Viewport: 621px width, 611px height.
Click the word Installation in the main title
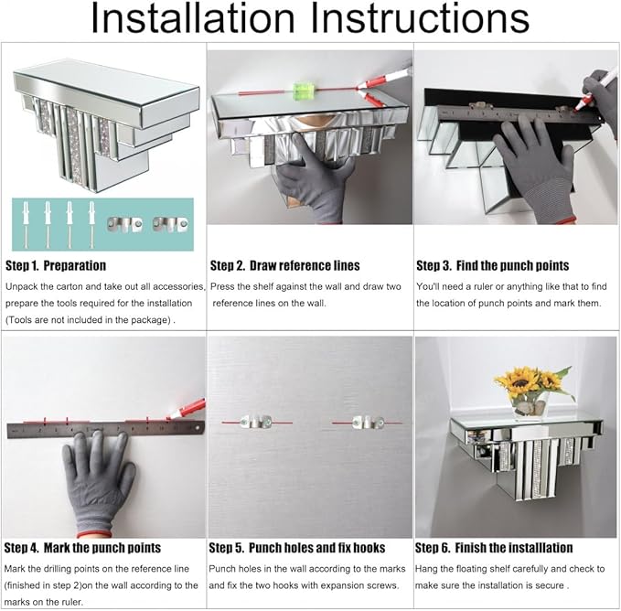[x=192, y=17]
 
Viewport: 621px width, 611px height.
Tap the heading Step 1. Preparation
[x=56, y=265]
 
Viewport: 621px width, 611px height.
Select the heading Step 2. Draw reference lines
[x=284, y=265]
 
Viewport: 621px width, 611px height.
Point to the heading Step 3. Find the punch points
[x=492, y=265]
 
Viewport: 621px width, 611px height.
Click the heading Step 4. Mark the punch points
[x=82, y=548]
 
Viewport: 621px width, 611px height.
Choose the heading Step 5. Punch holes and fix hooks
[x=297, y=548]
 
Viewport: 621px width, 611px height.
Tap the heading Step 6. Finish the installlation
[x=494, y=548]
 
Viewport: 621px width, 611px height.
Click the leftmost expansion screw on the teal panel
[x=27, y=224]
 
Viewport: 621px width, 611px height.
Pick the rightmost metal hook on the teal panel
[x=171, y=224]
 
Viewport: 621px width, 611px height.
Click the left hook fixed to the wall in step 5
[x=256, y=422]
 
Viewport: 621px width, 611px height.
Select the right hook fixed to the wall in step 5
[x=368, y=422]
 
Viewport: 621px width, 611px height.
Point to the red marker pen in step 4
[x=187, y=408]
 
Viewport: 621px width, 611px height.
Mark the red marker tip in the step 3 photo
[x=579, y=107]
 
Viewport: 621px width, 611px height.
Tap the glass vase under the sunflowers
[x=530, y=407]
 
